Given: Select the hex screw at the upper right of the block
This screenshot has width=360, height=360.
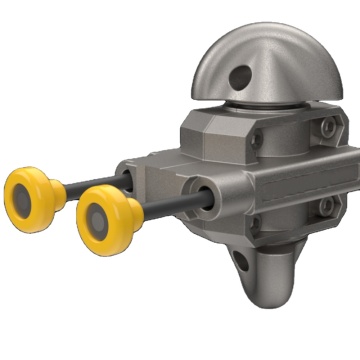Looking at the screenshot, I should [x=326, y=129].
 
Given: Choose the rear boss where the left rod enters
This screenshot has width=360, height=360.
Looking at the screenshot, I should [x=126, y=175].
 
